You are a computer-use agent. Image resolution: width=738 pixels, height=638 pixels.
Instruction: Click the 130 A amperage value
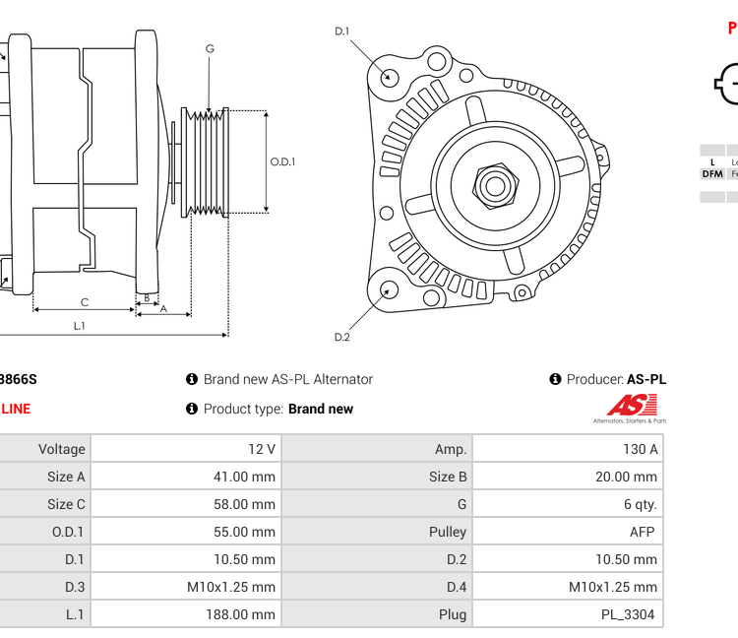[x=640, y=449]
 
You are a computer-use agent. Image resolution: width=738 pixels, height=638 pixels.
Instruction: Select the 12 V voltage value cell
[x=262, y=449]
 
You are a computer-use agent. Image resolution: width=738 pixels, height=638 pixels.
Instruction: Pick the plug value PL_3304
[x=631, y=614]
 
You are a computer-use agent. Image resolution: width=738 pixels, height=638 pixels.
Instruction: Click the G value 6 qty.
[x=640, y=504]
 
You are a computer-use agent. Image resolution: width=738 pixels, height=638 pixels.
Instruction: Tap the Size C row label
[x=66, y=504]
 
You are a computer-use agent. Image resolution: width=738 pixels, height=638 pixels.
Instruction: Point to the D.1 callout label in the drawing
[x=342, y=32]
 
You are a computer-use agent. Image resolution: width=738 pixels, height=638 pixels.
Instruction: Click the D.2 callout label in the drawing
[x=342, y=337]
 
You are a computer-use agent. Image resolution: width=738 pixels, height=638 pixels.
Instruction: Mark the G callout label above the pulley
[x=210, y=48]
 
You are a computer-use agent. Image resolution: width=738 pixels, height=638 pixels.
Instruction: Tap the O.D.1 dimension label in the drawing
[x=283, y=162]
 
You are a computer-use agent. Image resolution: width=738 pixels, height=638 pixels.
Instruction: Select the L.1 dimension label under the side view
[x=80, y=326]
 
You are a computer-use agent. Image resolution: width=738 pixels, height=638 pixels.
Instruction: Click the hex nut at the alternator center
[x=495, y=185]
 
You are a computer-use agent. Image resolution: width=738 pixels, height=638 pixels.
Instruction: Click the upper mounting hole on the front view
[x=390, y=77]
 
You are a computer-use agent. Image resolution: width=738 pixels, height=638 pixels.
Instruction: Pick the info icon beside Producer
[x=555, y=379]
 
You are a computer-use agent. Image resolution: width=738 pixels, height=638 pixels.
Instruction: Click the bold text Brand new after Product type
[x=321, y=409]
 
